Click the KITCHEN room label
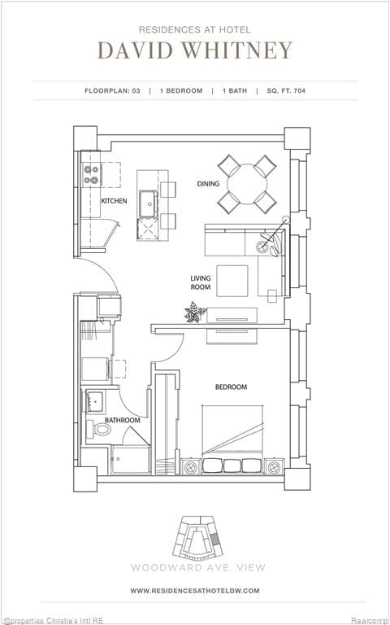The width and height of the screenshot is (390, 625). coord(114,200)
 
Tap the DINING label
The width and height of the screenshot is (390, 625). coord(208,183)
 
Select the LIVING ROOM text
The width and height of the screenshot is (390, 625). coord(201,282)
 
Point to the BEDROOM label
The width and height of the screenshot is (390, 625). coord(231,387)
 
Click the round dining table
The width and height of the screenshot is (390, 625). coord(246,183)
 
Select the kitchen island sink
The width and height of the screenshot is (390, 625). coord(149,203)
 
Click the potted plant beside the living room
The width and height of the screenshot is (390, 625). coord(194,312)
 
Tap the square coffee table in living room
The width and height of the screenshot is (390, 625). coord(232,282)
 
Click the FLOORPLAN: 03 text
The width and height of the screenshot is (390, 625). coord(112,90)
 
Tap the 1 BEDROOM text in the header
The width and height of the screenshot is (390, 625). coord(180,90)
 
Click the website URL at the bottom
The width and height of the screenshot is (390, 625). coord(194,590)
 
